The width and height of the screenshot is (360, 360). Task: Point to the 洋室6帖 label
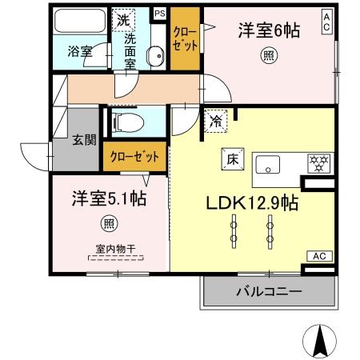coord(268,31)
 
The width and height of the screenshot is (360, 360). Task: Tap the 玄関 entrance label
coord(85,140)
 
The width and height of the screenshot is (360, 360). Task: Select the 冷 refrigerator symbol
coord(217,122)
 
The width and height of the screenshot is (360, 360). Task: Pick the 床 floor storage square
coord(226,158)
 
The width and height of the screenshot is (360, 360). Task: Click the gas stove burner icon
coord(319,163)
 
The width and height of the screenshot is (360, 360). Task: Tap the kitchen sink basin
coord(267,166)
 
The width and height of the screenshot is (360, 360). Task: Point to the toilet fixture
coord(130,123)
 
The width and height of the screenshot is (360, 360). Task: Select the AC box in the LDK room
coord(318,256)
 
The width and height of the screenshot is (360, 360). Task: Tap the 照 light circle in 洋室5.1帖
coord(106,223)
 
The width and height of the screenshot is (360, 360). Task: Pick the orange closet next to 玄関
coord(134,156)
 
